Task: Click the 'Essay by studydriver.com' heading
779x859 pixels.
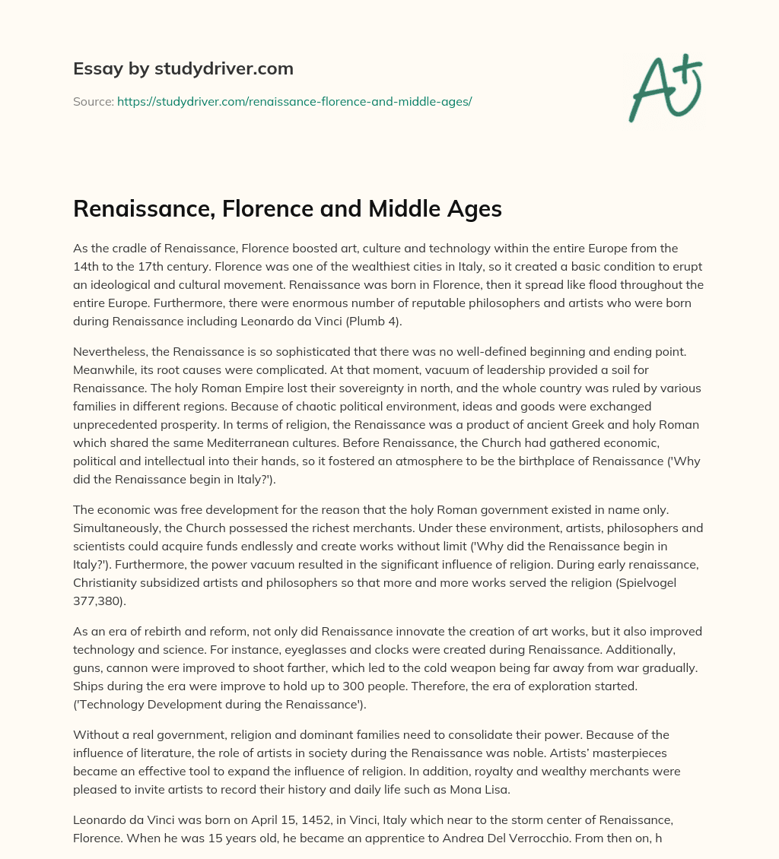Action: pos(183,69)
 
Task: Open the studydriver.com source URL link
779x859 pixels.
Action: pos(294,101)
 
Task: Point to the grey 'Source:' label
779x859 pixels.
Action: pos(93,101)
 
